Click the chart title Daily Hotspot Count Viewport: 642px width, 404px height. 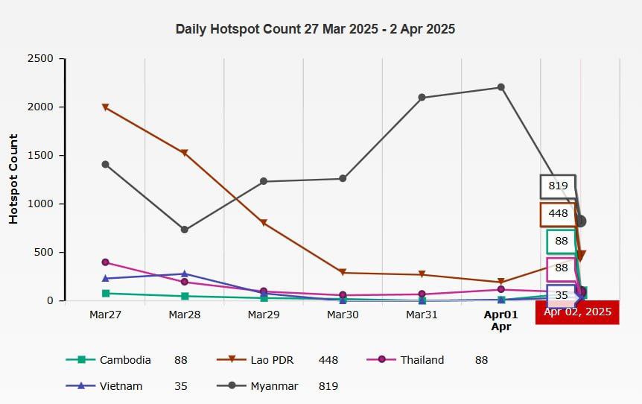[x=315, y=30]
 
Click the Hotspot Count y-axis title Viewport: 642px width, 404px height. [x=13, y=179]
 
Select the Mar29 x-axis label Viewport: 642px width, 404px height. [x=264, y=315]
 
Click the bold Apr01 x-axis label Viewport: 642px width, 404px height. [x=500, y=315]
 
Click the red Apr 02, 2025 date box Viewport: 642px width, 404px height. [x=577, y=312]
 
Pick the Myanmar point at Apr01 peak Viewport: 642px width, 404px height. [x=501, y=87]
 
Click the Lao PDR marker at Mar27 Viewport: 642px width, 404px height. [x=106, y=107]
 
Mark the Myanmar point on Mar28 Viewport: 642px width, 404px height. [x=185, y=230]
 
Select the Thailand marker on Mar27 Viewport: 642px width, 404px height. [x=106, y=262]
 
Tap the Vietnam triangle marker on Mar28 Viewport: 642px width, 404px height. [x=185, y=274]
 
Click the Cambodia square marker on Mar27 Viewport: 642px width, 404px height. [x=106, y=294]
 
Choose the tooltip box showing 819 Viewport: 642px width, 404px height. [x=558, y=186]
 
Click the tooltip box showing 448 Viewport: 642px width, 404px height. [x=558, y=214]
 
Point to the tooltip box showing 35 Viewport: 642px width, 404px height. [x=562, y=296]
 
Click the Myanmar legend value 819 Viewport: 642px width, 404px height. [x=328, y=386]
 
